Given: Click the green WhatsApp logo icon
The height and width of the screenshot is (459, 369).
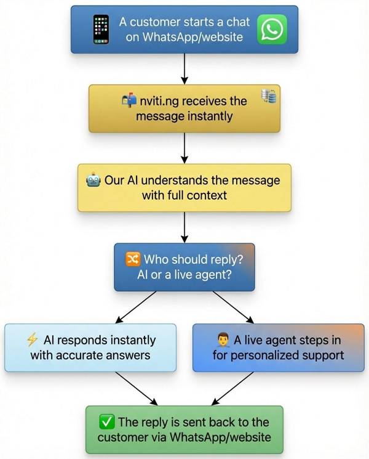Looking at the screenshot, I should click(x=272, y=30).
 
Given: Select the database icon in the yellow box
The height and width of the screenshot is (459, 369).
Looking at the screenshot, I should click(x=269, y=96).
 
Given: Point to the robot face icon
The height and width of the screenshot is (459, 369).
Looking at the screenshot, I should click(x=94, y=181).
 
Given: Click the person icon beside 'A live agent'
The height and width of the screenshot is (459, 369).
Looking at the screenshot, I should click(x=223, y=340).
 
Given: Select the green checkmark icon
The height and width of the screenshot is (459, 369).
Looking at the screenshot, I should click(x=106, y=422).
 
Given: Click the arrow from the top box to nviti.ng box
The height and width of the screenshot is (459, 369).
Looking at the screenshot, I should click(x=184, y=69).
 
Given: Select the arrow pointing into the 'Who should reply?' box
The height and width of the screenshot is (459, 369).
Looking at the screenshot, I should click(x=184, y=229).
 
